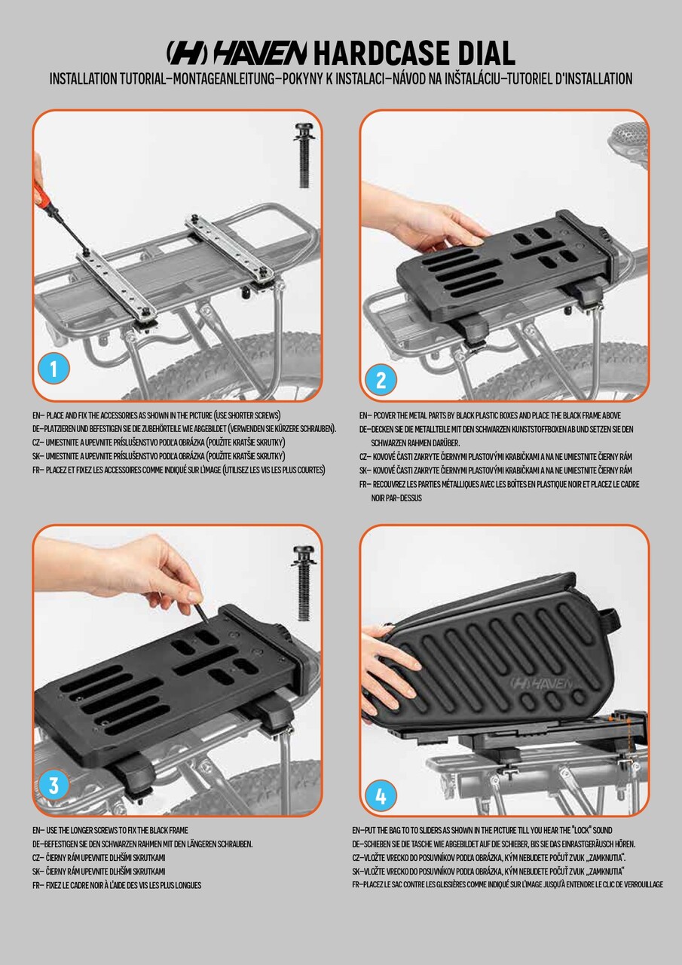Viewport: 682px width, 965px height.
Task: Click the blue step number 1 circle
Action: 54,369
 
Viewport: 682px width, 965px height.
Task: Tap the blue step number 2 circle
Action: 381,380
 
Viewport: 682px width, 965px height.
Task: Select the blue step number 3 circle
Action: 54,785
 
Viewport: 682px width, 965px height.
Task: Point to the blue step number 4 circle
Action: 381,796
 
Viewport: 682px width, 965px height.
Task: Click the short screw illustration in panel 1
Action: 305,155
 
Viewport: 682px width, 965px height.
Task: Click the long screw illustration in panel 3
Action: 304,583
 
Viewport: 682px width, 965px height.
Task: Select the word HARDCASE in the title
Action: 382,54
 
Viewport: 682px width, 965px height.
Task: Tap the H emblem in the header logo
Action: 187,54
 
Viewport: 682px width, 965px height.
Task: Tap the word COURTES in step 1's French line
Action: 309,470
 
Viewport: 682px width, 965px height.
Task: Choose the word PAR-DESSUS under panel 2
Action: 396,498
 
